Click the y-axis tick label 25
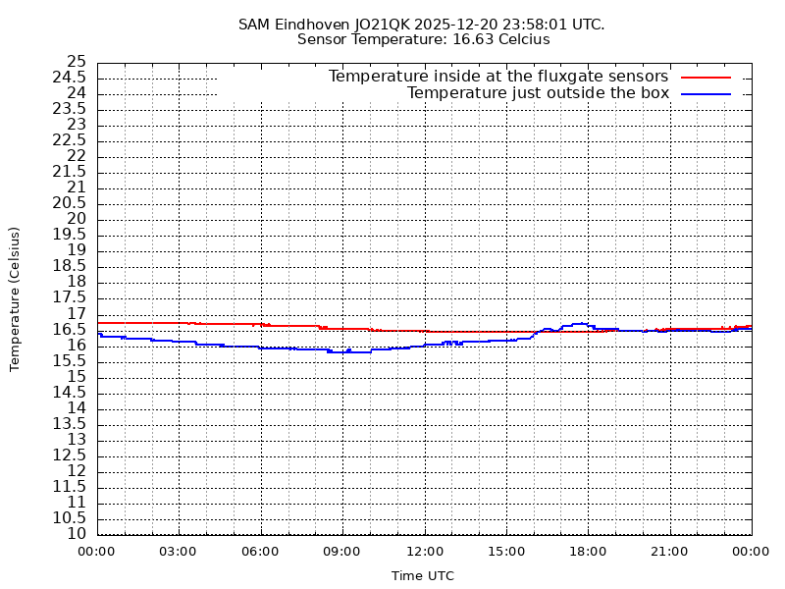click(76, 62)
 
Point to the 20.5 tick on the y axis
click(70, 203)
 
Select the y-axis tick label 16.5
click(70, 329)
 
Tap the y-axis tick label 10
click(76, 534)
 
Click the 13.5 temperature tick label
click(70, 423)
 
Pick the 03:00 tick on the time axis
click(179, 552)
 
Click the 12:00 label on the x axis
click(424, 552)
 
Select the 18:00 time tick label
click(588, 552)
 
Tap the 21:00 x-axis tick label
click(669, 552)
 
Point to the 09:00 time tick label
click(342, 552)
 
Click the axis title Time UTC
click(423, 576)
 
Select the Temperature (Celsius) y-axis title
click(15, 298)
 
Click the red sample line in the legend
click(706, 77)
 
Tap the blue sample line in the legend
click(706, 93)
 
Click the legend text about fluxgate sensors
click(497, 77)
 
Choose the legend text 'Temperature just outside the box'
click(538, 93)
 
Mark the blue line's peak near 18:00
click(580, 323)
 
